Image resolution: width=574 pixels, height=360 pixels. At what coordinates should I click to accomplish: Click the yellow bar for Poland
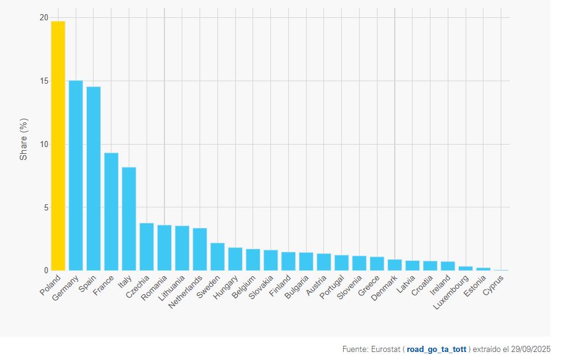click(58, 146)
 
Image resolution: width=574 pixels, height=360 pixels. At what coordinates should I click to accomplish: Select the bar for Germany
click(76, 175)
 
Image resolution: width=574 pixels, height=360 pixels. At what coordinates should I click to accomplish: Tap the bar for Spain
click(94, 178)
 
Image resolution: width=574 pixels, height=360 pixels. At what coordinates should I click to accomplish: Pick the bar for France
click(111, 212)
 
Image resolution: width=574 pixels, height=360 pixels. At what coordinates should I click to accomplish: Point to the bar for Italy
click(129, 218)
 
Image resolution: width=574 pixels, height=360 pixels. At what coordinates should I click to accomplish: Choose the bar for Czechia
click(147, 247)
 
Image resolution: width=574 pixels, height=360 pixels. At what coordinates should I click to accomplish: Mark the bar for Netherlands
click(200, 249)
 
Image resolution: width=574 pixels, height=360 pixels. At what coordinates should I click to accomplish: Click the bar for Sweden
click(217, 257)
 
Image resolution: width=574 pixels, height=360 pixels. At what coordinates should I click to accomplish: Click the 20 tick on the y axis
click(43, 18)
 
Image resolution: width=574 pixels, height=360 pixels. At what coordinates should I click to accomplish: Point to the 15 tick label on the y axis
click(43, 81)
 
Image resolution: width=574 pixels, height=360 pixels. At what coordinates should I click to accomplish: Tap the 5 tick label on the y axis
click(45, 207)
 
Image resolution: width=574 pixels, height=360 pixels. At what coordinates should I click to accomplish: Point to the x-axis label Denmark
click(383, 287)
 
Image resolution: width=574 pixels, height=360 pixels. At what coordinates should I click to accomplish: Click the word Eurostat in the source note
click(387, 350)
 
